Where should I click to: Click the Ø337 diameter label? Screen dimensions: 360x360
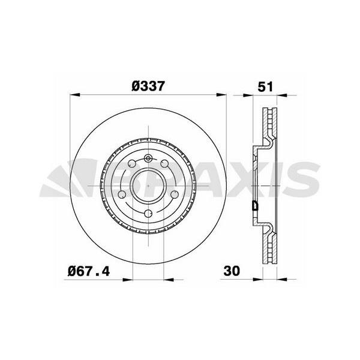148,86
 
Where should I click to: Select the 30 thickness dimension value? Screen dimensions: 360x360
232,271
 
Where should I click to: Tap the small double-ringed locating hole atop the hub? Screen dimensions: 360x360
148,158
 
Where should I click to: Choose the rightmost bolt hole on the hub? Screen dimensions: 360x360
173,193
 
